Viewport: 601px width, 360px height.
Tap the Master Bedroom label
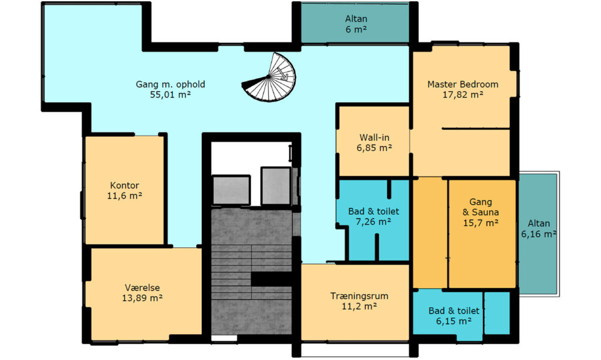(x=462, y=85)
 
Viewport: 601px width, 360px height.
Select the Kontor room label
(x=124, y=186)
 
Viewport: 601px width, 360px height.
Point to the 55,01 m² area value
(x=170, y=95)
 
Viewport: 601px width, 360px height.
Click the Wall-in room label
(x=374, y=137)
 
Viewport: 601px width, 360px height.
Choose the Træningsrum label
(x=359, y=296)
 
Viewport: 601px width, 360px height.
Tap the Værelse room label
(x=142, y=288)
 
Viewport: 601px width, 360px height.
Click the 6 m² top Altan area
(x=356, y=29)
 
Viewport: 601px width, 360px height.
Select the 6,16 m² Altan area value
(x=539, y=234)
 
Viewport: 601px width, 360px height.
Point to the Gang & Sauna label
(x=481, y=207)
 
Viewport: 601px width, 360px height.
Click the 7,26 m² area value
(x=373, y=221)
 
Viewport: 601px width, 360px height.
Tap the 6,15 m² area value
(x=454, y=321)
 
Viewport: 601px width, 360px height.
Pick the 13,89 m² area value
(x=142, y=298)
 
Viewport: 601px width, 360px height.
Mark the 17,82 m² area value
(x=462, y=95)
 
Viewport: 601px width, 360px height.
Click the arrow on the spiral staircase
(x=282, y=73)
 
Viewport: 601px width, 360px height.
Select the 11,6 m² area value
(x=124, y=196)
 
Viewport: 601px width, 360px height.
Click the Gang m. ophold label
(x=170, y=85)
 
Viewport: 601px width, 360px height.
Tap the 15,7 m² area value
(x=481, y=223)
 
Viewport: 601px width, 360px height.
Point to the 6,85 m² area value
(x=374, y=147)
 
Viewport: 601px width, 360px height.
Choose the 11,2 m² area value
(x=359, y=307)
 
